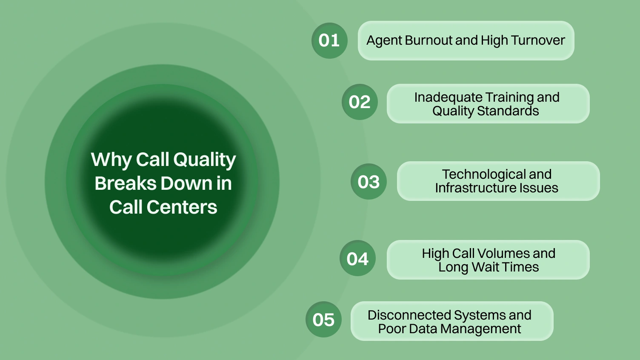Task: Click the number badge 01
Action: coord(329,40)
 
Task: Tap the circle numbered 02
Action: coord(360,102)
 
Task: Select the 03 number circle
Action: coord(369,182)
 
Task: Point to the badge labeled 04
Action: coord(357,258)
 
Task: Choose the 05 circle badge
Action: coord(323,320)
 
